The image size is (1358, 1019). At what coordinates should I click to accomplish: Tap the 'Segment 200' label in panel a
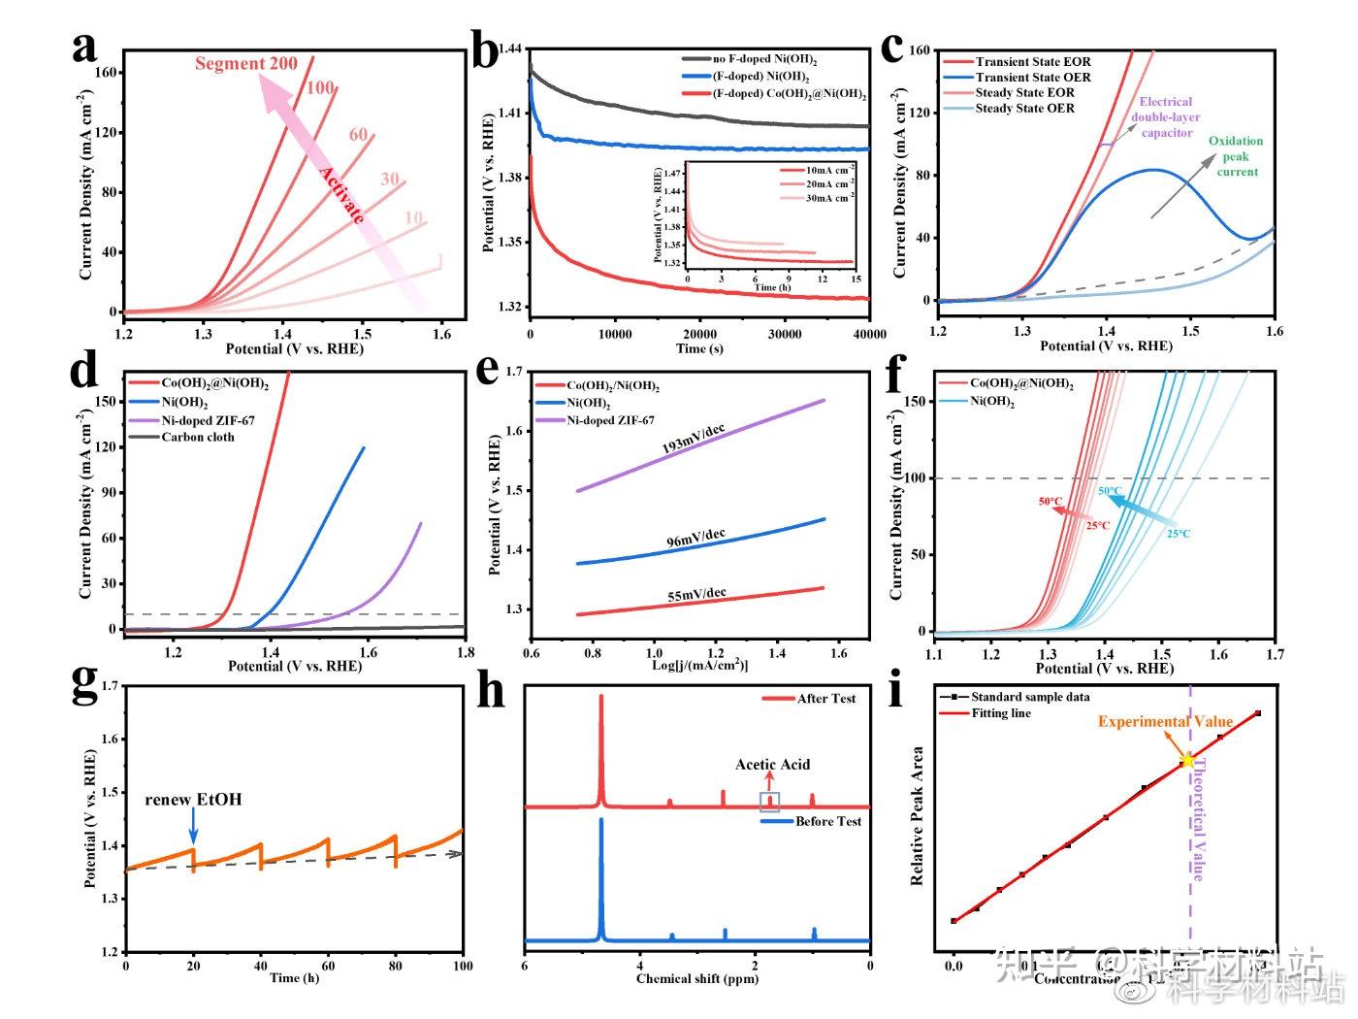pos(245,64)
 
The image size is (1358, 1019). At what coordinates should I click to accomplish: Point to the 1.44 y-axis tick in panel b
pos(510,49)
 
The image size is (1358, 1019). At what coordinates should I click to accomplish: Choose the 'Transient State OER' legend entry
pos(1032,78)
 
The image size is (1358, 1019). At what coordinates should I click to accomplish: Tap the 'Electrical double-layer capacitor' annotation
pos(1166,117)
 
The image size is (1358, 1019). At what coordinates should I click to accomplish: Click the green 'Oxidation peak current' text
pos(1236,156)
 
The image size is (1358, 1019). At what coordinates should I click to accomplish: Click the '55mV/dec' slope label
pos(695,594)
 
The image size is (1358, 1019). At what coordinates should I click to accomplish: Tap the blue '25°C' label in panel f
pos(1179,534)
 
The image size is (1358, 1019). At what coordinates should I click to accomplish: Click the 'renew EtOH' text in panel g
pos(193,801)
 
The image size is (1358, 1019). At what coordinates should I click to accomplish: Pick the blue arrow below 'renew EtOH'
pos(193,828)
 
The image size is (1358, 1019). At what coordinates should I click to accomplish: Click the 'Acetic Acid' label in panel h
pos(772,765)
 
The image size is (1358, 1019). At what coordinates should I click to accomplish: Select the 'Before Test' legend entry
pos(827,822)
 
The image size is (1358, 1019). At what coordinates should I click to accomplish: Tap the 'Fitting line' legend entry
pos(1000,713)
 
